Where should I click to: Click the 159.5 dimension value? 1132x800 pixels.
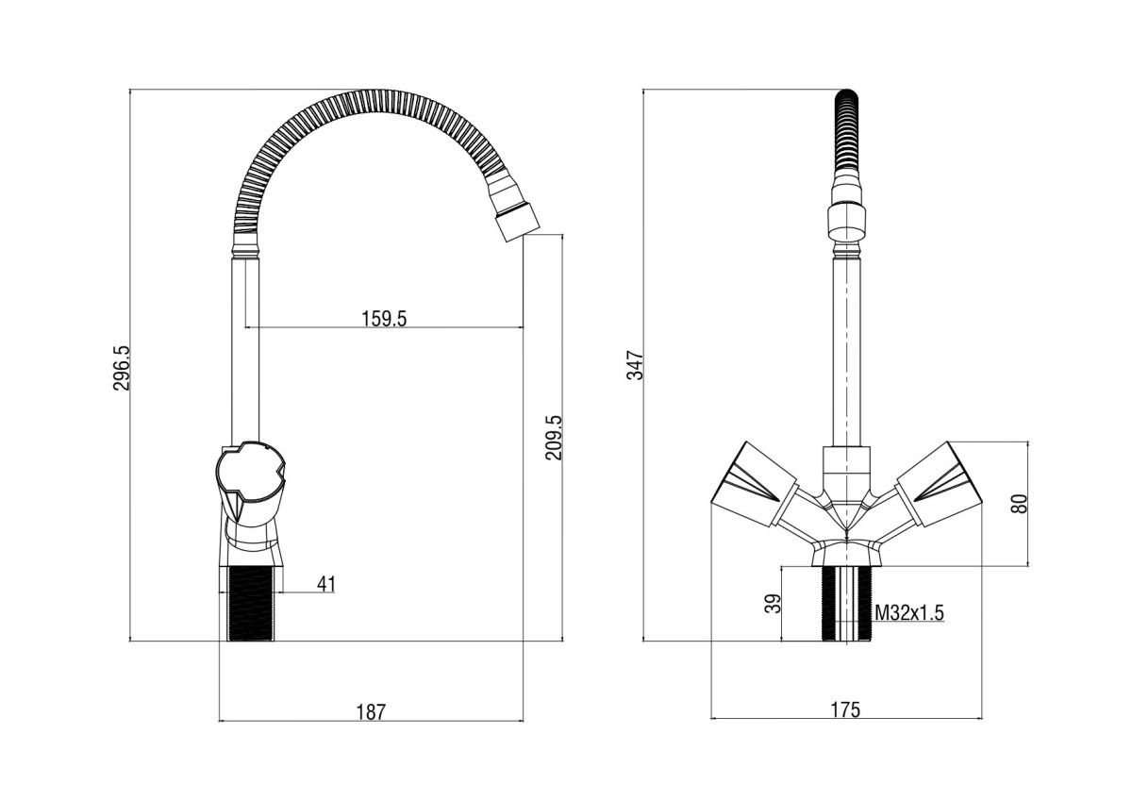pos(384,319)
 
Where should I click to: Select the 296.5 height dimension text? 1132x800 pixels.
pos(122,368)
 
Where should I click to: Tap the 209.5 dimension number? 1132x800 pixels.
pos(554,438)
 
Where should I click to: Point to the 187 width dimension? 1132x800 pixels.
pos(371,712)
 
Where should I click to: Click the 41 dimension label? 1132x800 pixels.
pos(326,584)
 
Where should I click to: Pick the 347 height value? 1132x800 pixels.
pos(635,365)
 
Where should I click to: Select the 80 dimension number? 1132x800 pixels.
pos(1020,504)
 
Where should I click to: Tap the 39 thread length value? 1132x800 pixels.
pos(773,604)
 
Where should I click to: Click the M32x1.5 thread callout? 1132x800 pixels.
pos(909,613)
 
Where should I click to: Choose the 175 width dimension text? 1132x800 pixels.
pos(846,709)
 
